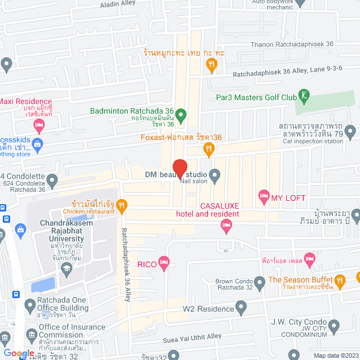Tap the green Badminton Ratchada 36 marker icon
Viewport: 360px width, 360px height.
click(x=181, y=117)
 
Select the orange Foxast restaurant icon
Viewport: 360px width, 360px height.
click(x=209, y=150)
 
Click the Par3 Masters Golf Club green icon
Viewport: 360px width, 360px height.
click(x=304, y=96)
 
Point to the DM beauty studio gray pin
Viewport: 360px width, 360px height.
click(x=214, y=174)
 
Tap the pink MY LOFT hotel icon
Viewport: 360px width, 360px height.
click(x=263, y=197)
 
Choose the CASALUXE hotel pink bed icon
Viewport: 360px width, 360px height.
click(x=226, y=226)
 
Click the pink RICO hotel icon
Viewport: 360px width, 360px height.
click(x=164, y=262)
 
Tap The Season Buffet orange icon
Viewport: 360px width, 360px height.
click(x=339, y=280)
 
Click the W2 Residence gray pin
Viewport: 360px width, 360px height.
click(x=241, y=308)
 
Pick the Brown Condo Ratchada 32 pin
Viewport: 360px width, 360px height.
click(x=259, y=282)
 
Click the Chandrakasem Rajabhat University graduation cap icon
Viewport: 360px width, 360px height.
click(x=66, y=269)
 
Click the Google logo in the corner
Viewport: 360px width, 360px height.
click(x=18, y=353)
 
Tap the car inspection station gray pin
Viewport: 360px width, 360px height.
click(x=350, y=133)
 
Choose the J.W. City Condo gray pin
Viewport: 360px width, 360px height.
click(x=334, y=325)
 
